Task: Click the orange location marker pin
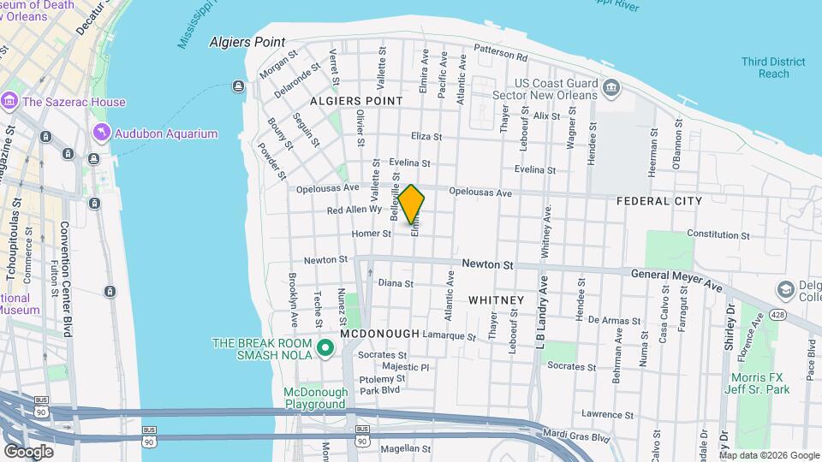pyautogui.click(x=412, y=204)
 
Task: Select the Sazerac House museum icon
pyautogui.click(x=10, y=102)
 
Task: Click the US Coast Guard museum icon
pyautogui.click(x=611, y=86)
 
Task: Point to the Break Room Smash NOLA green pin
pyautogui.click(x=325, y=348)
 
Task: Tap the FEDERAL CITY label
pyautogui.click(x=659, y=201)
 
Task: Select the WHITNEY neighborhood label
pyautogui.click(x=496, y=300)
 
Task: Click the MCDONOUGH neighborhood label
pyautogui.click(x=379, y=334)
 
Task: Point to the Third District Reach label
pyautogui.click(x=773, y=68)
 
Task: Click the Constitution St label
pyautogui.click(x=718, y=234)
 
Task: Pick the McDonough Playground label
pyautogui.click(x=316, y=399)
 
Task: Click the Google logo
pyautogui.click(x=29, y=451)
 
